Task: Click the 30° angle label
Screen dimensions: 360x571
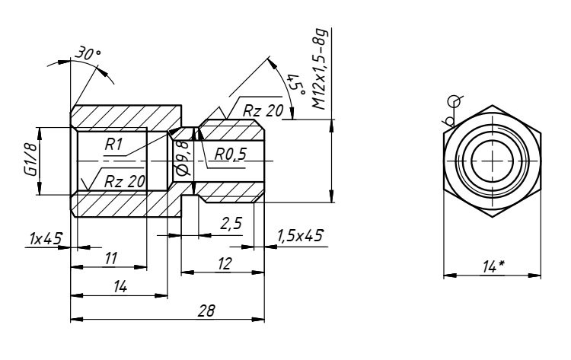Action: point(88,55)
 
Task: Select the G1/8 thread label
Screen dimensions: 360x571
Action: point(28,161)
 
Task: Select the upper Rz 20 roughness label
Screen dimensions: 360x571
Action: point(263,111)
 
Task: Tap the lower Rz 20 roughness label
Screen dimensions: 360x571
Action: point(123,181)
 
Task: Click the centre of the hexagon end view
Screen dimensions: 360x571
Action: point(493,161)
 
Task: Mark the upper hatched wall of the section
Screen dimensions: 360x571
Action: point(126,117)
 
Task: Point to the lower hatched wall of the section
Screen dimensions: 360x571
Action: point(126,203)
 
